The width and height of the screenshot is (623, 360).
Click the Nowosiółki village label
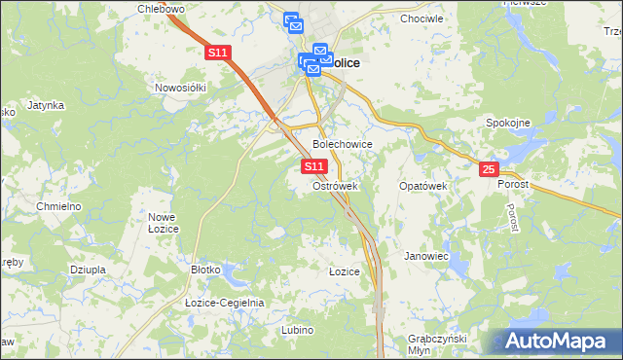click(181, 88)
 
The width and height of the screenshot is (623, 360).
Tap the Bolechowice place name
click(342, 143)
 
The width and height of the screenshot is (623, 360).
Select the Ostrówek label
click(336, 185)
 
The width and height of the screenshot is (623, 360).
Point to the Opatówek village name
click(422, 185)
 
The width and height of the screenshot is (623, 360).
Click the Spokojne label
click(507, 123)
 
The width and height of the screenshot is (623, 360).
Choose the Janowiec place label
click(425, 256)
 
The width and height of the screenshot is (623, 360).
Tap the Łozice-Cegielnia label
click(224, 303)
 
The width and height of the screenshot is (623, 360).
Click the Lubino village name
click(297, 330)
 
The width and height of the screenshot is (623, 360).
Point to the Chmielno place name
click(57, 207)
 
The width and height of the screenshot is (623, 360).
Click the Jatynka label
click(46, 104)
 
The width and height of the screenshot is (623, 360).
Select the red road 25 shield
click(489, 169)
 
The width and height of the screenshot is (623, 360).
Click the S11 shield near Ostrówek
click(312, 167)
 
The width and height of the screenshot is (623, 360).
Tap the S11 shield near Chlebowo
click(217, 54)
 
